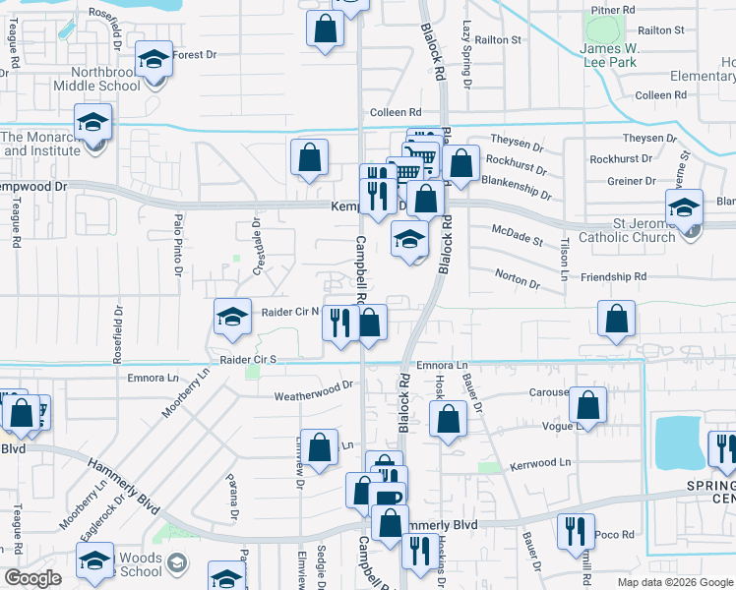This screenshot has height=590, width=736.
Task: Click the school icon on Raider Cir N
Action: (x=232, y=317)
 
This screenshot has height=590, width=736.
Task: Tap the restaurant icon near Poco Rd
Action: (x=576, y=531)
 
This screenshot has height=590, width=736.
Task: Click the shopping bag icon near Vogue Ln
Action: (x=588, y=405)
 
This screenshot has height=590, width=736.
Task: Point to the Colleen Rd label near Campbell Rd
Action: (x=396, y=113)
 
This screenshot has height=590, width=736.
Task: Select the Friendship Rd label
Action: (x=612, y=278)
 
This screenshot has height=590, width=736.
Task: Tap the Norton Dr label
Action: (x=518, y=280)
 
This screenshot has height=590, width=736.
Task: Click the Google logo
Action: (x=33, y=578)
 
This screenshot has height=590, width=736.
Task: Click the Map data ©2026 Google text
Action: (x=674, y=582)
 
